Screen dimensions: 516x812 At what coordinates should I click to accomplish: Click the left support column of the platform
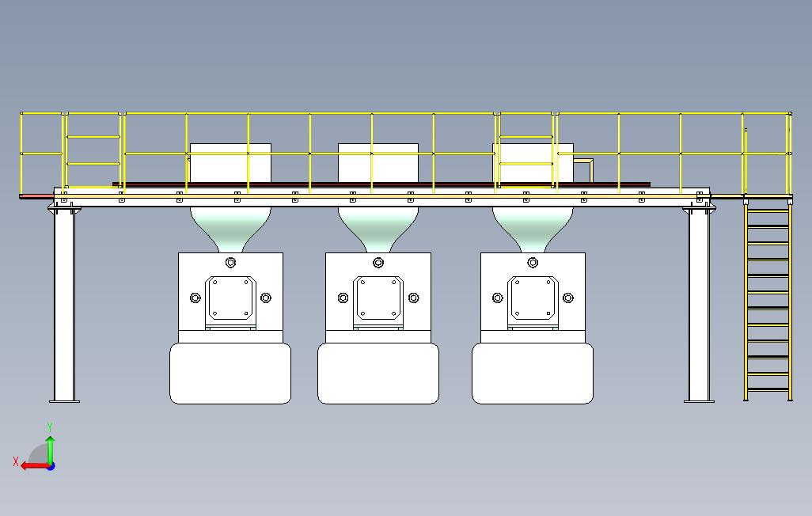click(63, 305)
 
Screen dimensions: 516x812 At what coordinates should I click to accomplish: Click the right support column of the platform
click(698, 305)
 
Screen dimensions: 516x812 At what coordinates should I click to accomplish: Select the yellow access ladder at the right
click(767, 301)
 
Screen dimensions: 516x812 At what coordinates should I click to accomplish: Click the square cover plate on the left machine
click(230, 298)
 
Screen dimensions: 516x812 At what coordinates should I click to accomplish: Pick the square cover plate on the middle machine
click(378, 298)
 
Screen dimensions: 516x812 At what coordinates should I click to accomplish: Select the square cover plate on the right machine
click(533, 298)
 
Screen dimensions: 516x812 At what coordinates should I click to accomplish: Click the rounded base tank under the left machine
click(230, 374)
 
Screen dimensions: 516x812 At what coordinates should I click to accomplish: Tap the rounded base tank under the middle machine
click(378, 374)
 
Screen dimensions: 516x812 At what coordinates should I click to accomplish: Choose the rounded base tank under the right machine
click(533, 374)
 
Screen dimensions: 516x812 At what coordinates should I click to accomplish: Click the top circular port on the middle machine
click(378, 262)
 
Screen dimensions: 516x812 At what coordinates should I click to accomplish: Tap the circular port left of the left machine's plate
click(195, 298)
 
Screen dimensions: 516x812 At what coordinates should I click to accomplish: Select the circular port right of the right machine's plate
click(568, 298)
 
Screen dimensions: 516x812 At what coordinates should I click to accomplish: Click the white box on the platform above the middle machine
click(378, 162)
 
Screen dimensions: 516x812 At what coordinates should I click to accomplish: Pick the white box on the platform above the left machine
click(230, 162)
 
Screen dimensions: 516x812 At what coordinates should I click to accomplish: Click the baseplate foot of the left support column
click(64, 401)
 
